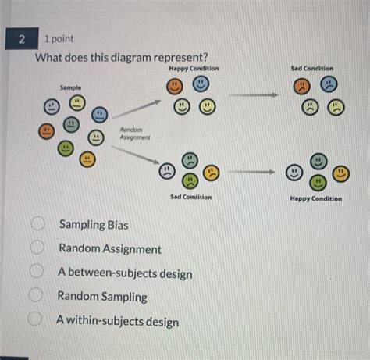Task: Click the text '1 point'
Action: [x=59, y=37]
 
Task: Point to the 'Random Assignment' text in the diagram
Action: [x=134, y=133]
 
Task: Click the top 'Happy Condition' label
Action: [x=193, y=69]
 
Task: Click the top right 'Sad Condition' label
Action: [x=311, y=69]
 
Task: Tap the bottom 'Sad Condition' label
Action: [x=190, y=197]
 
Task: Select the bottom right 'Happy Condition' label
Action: [x=315, y=198]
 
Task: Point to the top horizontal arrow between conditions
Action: [x=254, y=95]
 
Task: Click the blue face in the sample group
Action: [x=99, y=115]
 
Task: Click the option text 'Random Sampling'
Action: [x=101, y=297]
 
